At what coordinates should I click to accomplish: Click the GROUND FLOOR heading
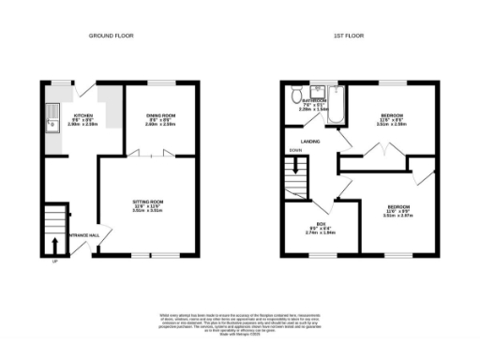(x=111, y=36)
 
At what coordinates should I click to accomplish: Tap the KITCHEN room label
(x=57, y=115)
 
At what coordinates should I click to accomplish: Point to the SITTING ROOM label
(x=148, y=205)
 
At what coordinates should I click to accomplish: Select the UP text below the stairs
(x=54, y=260)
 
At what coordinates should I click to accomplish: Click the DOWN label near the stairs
(x=295, y=150)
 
